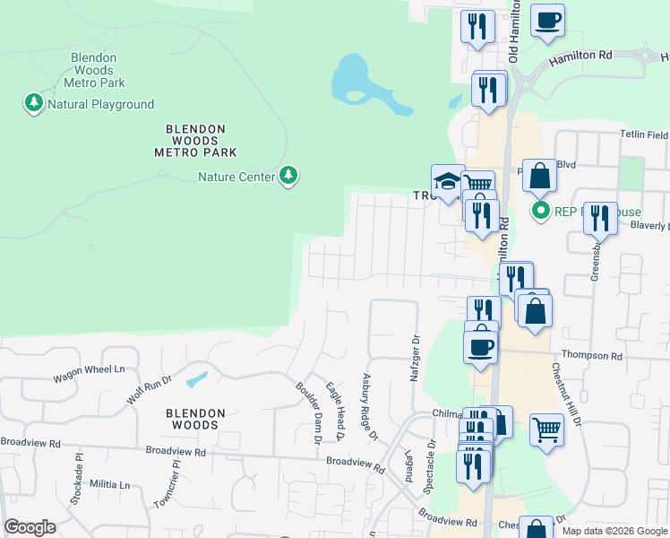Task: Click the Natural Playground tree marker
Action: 34,104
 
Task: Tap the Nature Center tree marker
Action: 288,177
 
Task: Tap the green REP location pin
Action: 540,212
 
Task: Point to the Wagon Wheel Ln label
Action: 88,369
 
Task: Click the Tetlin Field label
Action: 644,134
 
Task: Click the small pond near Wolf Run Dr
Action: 197,379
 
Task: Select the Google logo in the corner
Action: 30,527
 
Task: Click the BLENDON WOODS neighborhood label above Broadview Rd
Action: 194,420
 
